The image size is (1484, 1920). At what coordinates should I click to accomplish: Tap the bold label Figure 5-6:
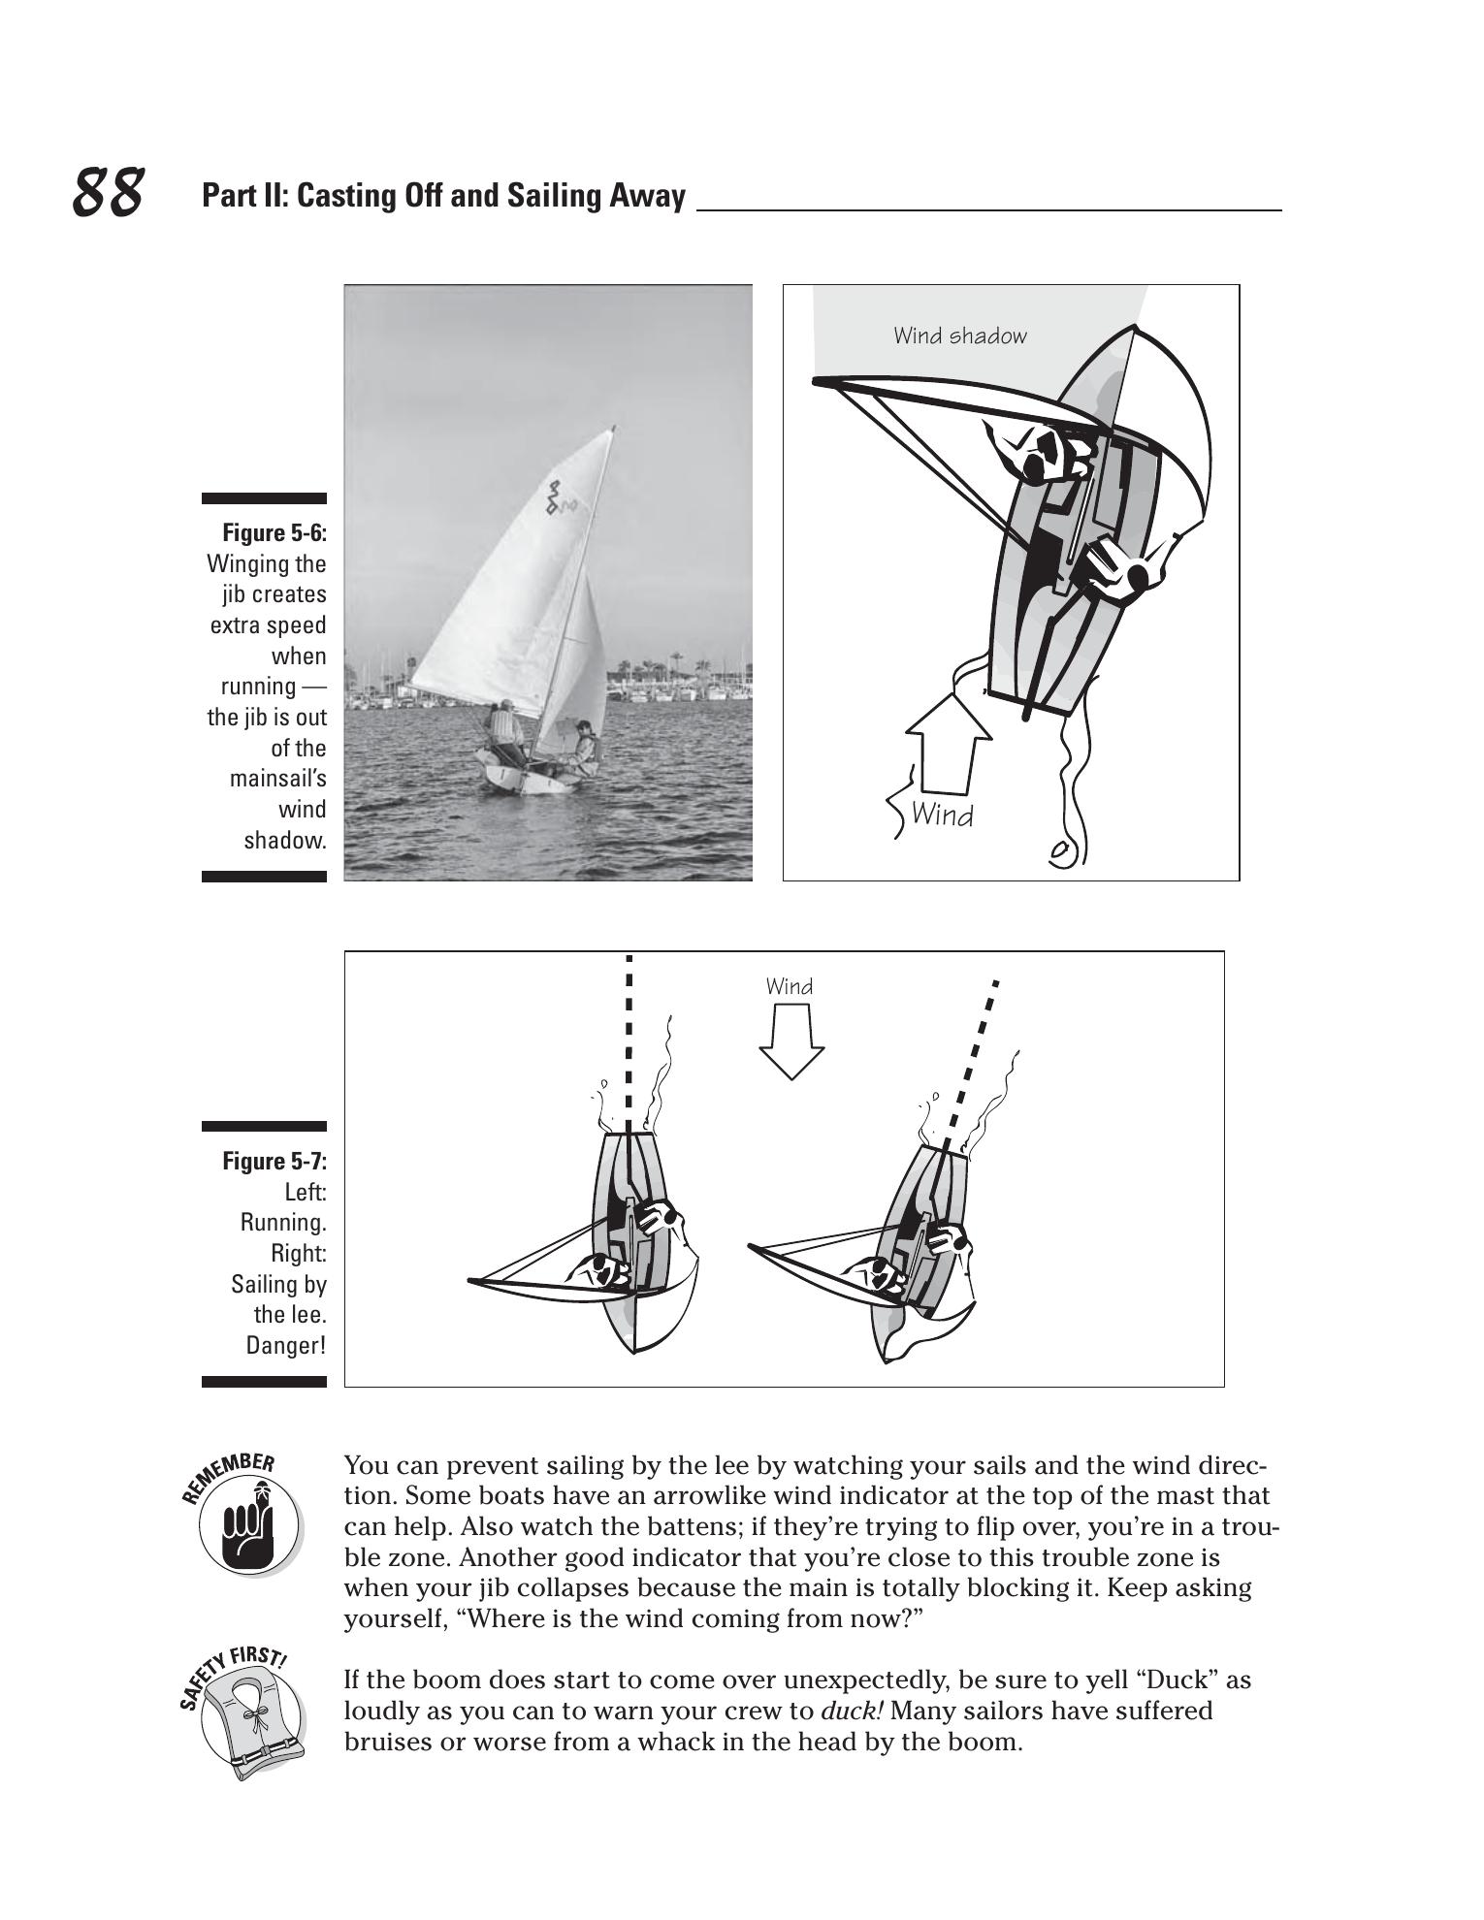pos(274,533)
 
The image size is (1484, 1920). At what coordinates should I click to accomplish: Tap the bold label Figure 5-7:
pos(274,1161)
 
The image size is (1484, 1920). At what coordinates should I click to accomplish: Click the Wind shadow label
pos(959,336)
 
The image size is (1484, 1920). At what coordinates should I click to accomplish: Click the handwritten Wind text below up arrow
pos(942,815)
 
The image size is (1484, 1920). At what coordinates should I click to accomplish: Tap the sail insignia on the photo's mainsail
pos(557,497)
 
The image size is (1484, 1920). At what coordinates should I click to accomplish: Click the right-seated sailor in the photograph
pos(582,747)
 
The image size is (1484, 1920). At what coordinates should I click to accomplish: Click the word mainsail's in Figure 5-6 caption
pos(277,779)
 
